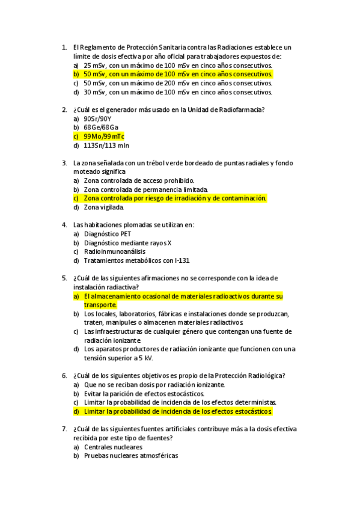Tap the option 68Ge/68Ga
click(x=101, y=127)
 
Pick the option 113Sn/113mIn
click(x=106, y=145)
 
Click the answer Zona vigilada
click(x=103, y=207)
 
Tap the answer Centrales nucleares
click(x=113, y=447)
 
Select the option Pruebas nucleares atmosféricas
click(x=130, y=456)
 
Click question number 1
click(x=64, y=47)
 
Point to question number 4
click(x=64, y=225)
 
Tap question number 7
click(x=64, y=429)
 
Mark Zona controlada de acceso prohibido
click(x=139, y=180)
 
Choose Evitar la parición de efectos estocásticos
click(x=144, y=393)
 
